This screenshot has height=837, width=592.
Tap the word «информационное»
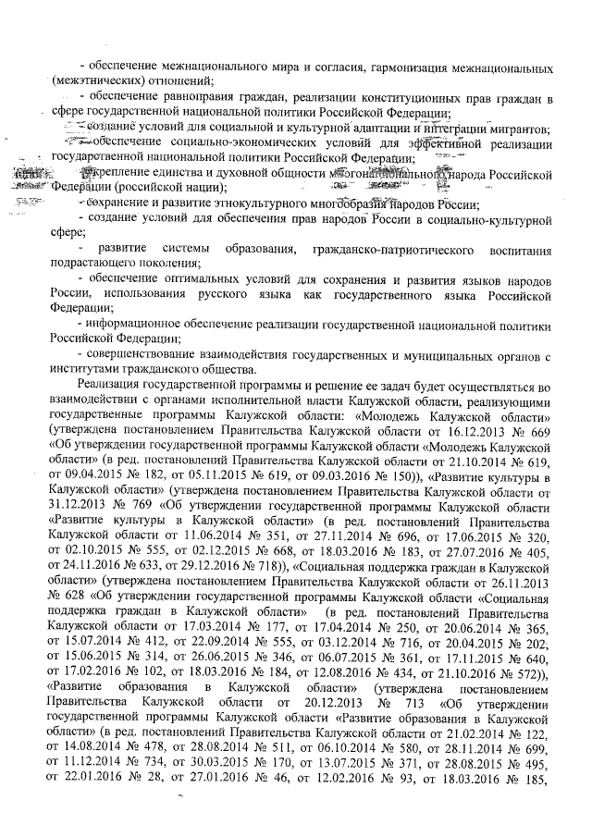pos(139,324)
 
